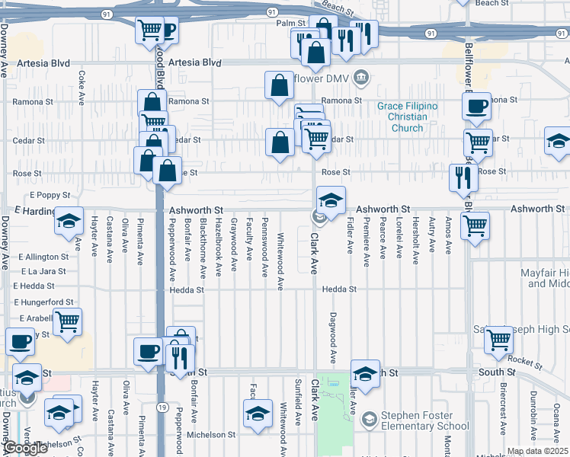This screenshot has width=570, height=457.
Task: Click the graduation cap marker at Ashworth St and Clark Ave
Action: click(331, 201)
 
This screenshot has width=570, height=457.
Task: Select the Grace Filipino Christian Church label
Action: click(408, 117)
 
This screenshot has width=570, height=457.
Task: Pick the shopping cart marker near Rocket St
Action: click(499, 339)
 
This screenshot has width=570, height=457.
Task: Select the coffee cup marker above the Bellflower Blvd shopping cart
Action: click(477, 107)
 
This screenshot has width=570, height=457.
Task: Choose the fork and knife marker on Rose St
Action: click(463, 178)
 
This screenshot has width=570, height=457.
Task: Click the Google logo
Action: click(25, 448)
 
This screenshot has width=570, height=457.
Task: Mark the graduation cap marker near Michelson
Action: click(258, 414)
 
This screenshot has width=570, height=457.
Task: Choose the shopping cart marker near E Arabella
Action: click(67, 323)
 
